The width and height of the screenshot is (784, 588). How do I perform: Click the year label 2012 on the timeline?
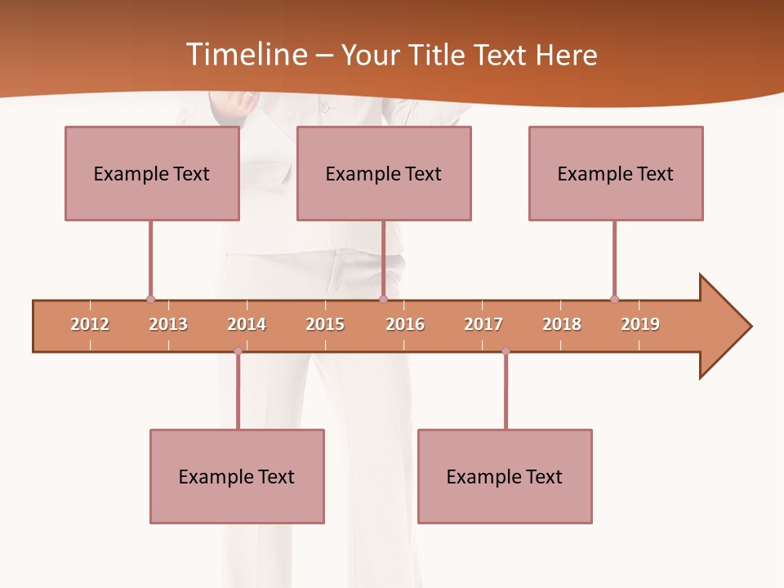point(90,324)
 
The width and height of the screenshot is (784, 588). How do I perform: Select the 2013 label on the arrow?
point(168,324)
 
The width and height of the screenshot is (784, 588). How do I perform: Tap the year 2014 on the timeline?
point(247,324)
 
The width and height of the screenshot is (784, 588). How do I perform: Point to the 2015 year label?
point(325,324)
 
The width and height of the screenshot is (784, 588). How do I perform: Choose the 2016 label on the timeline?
point(405,324)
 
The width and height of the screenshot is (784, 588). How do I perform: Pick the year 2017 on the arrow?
point(483,324)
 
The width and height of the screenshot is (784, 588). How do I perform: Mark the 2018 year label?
point(562,324)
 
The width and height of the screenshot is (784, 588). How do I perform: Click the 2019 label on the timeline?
point(640,324)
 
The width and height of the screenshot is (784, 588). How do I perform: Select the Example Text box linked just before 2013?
point(152,173)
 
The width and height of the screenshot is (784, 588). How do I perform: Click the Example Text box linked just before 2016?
point(384,173)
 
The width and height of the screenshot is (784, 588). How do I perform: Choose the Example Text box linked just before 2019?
point(616,173)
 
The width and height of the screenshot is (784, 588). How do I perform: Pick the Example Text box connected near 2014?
point(237,476)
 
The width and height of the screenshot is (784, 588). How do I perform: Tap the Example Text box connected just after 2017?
point(505,476)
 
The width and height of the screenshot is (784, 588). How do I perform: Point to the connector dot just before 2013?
point(150,299)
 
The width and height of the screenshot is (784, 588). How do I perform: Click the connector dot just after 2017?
point(506,351)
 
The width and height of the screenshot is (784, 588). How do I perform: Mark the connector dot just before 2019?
point(614,299)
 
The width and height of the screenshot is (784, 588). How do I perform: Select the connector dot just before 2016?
point(383,299)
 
